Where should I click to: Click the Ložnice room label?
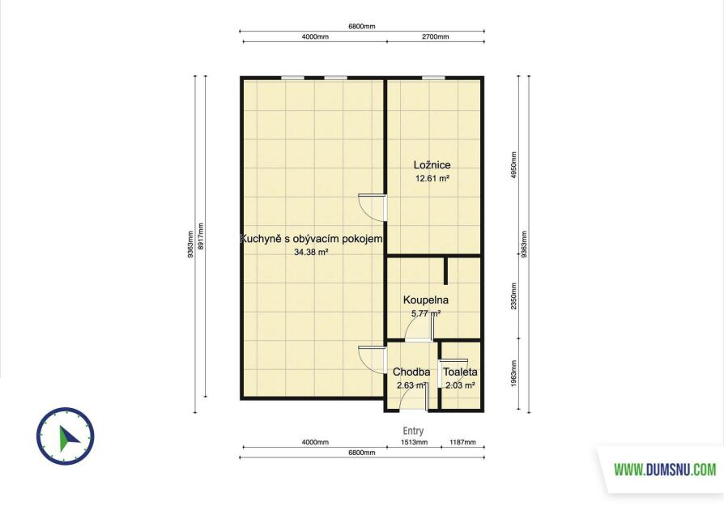tap(432, 165)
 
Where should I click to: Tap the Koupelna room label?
tap(426, 300)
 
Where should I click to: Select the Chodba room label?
tap(411, 372)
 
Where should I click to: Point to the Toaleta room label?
tap(460, 372)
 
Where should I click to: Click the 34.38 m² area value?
tap(311, 252)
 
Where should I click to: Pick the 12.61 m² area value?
tap(432, 178)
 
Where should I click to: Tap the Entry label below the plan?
tap(413, 431)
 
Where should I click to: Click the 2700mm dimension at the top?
tap(436, 36)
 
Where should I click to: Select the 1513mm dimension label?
tap(414, 442)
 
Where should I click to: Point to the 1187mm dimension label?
tap(462, 442)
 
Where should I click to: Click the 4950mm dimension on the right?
tap(514, 166)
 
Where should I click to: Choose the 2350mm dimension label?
tap(514, 296)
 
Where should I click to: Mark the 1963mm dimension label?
tap(514, 373)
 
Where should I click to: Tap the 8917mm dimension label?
tap(200, 236)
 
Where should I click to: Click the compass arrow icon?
tap(68, 438)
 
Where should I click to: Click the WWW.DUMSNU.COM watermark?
tap(665, 470)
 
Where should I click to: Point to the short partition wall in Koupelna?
tap(446, 271)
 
